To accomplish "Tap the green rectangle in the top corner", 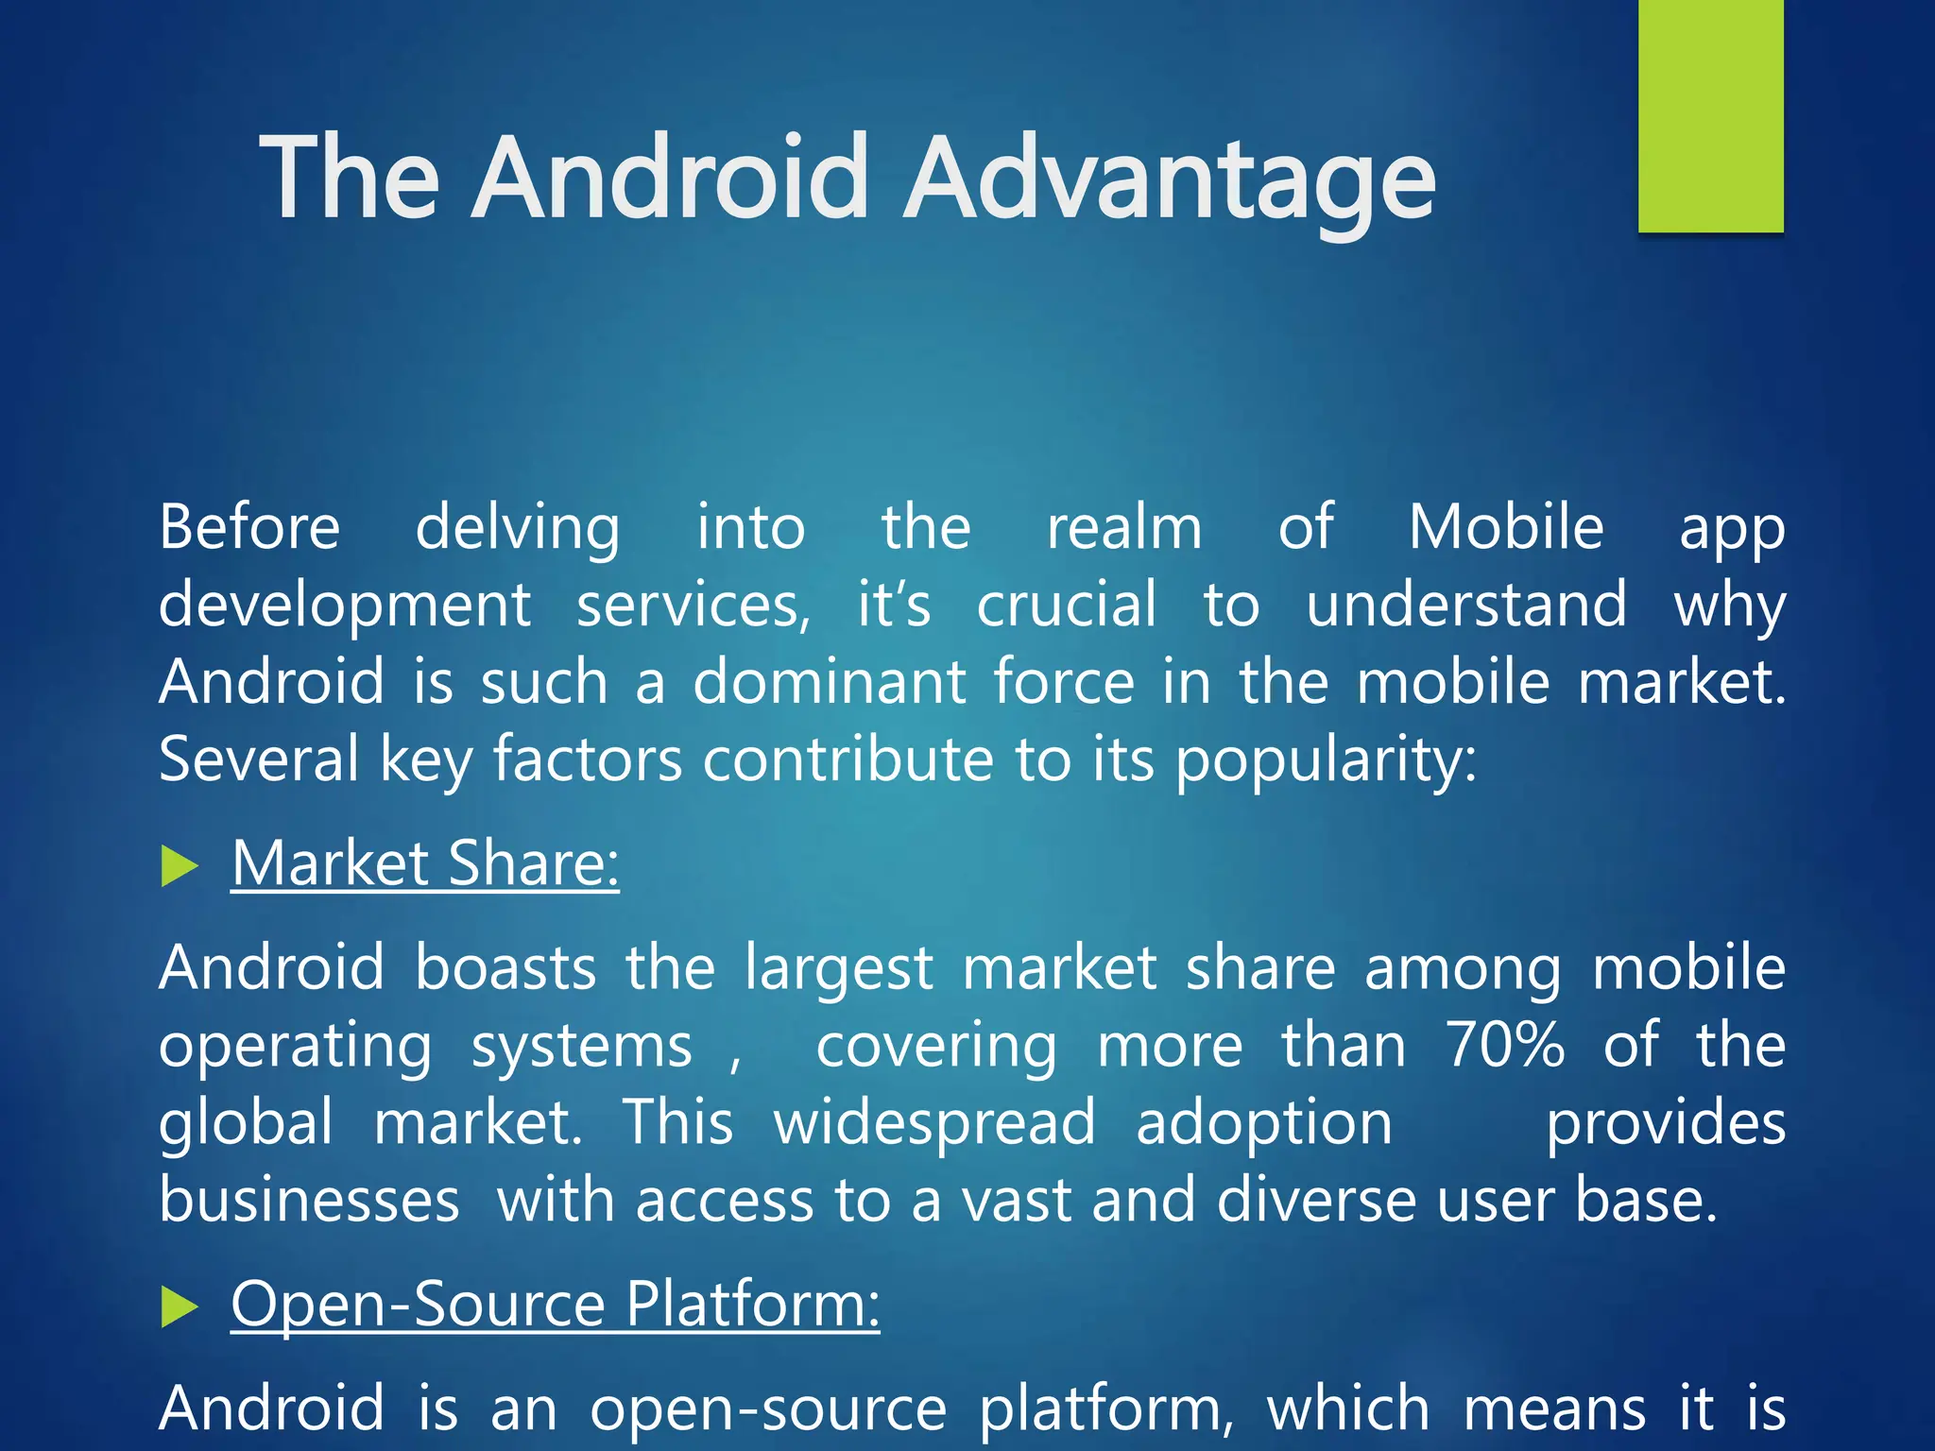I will [x=1710, y=115].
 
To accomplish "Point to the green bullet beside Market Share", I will [x=179, y=866].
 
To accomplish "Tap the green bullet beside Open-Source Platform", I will [x=179, y=1307].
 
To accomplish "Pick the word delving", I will [x=518, y=528].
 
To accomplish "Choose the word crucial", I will [x=1067, y=605].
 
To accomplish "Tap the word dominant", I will [x=830, y=681].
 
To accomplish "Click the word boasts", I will [x=505, y=967].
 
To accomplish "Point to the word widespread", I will [x=934, y=1124].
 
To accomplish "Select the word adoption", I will [x=1264, y=1124].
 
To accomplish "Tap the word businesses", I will [x=309, y=1200].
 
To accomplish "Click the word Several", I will [x=259, y=759].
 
